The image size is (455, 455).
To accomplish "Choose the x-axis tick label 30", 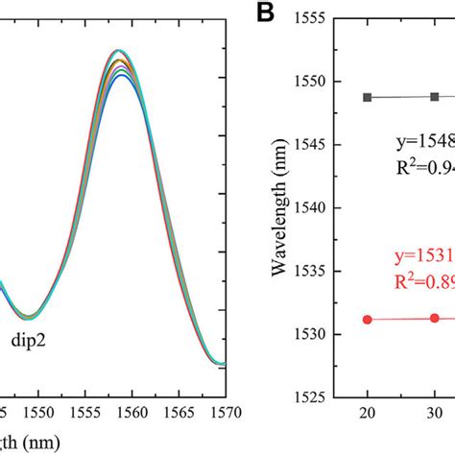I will click(435, 414).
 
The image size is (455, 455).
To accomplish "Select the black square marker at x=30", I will click(435, 96).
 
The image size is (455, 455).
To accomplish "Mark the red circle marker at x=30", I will click(435, 318).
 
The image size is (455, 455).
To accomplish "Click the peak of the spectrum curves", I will click(117, 52).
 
